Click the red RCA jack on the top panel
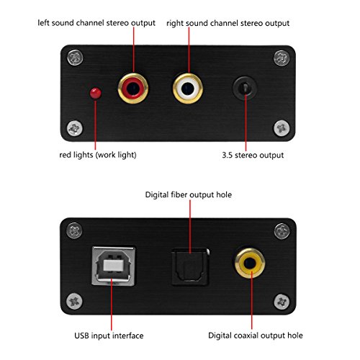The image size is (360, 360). (x=133, y=90)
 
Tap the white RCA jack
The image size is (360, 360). (x=187, y=90)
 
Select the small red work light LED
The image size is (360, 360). (x=94, y=94)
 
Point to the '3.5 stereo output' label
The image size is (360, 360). (x=254, y=154)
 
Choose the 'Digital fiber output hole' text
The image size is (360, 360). (x=189, y=194)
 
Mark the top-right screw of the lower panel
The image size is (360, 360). (x=282, y=230)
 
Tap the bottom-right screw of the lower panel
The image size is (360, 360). (x=282, y=300)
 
